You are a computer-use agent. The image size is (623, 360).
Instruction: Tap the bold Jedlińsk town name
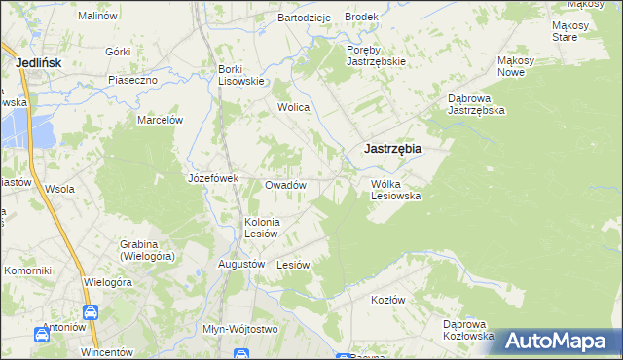point(41,62)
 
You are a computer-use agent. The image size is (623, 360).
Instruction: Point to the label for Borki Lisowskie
point(241,75)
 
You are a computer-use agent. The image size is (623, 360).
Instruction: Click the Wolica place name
point(293,107)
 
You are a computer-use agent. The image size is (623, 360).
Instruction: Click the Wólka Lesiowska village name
point(395,189)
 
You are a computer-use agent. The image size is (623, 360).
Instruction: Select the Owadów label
point(286,185)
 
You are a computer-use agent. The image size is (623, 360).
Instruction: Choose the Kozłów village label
point(387,300)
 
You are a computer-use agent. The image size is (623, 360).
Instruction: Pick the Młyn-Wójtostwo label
point(239,329)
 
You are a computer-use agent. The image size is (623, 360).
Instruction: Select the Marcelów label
point(160,120)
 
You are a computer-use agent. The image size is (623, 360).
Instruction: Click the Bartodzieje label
point(305,18)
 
